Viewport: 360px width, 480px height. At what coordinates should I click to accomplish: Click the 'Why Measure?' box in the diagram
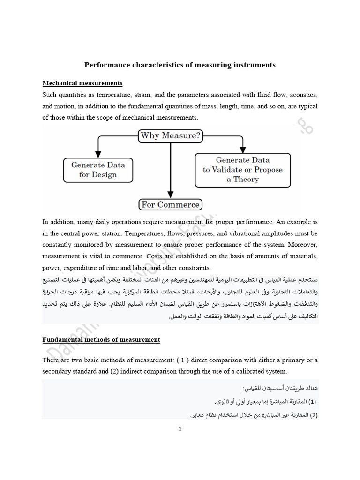click(171, 136)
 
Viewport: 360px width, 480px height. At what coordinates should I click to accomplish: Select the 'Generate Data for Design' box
click(98, 170)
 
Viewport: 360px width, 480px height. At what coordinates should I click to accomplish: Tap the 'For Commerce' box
click(171, 204)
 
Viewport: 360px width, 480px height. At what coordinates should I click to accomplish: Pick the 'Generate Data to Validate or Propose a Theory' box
click(243, 170)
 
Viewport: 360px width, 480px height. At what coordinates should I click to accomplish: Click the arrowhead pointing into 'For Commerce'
click(171, 195)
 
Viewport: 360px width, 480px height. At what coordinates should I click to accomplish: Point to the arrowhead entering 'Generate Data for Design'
click(98, 154)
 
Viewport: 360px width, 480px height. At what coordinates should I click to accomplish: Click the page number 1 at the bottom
click(180, 428)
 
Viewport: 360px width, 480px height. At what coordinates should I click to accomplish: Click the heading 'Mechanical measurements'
click(82, 83)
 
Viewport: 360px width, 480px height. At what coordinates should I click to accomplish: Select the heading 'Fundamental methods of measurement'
click(101, 339)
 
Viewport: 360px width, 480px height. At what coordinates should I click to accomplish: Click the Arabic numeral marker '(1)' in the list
click(313, 402)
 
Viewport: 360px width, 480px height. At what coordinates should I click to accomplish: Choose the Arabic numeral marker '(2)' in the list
click(313, 415)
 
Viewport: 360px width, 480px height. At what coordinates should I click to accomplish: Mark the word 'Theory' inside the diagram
click(246, 179)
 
